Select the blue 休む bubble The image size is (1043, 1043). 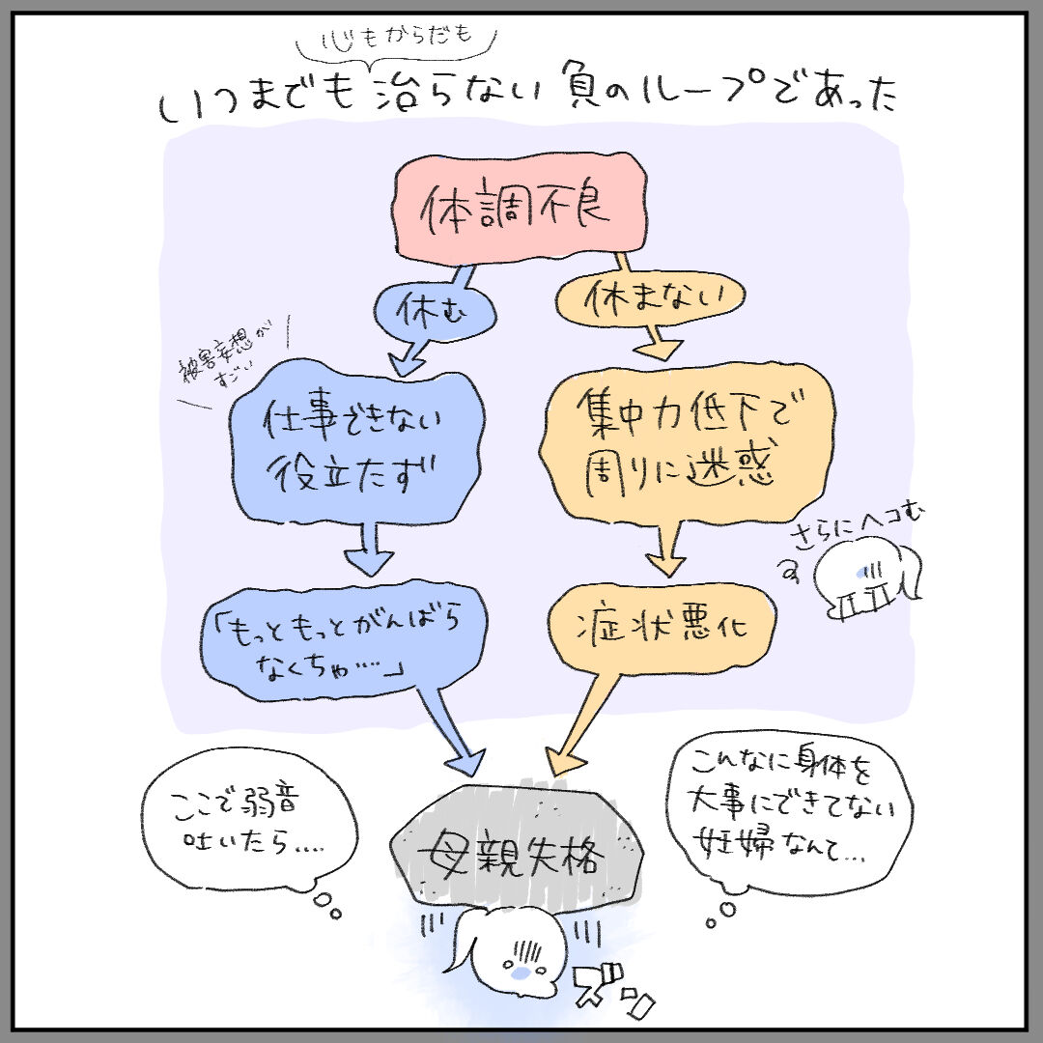436,311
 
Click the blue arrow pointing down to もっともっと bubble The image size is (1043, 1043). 368,550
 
